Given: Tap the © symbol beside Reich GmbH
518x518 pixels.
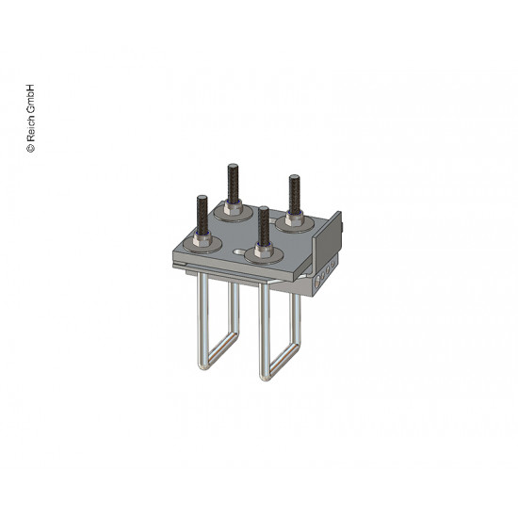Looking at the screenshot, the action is pos(30,148).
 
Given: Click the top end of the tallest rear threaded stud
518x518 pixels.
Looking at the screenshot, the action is pos(233,166).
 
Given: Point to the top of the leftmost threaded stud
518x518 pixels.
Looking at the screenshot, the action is pos(202,198).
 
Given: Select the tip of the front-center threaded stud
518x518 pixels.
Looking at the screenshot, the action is pos(264,209).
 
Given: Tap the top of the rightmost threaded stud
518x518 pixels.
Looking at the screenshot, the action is pos(294,177).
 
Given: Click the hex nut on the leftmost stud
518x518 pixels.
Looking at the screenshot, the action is pos(202,240).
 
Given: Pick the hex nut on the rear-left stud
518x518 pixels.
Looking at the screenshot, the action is pos(234,207).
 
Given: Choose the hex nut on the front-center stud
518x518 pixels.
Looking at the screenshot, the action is pos(264,251).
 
